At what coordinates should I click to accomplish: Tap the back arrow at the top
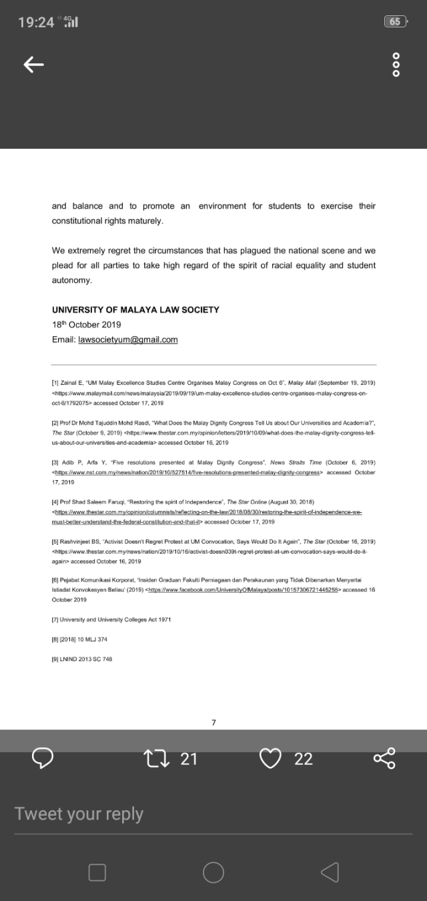(x=34, y=64)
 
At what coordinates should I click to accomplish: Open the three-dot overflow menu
(x=396, y=64)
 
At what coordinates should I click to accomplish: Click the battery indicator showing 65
(x=395, y=21)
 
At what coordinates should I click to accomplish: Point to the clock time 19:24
(x=36, y=22)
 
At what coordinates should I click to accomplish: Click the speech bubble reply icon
(x=43, y=758)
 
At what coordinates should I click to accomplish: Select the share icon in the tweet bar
(x=384, y=758)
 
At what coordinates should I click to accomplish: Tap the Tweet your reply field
(x=79, y=814)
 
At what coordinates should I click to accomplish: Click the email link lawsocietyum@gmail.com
(x=128, y=339)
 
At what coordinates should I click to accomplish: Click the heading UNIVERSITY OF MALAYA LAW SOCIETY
(x=135, y=309)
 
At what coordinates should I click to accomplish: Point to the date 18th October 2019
(x=86, y=325)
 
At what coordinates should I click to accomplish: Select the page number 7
(x=213, y=722)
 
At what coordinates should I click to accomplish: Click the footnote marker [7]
(x=55, y=620)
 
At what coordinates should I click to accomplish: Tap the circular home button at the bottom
(x=213, y=872)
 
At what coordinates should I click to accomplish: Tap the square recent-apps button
(x=97, y=872)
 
